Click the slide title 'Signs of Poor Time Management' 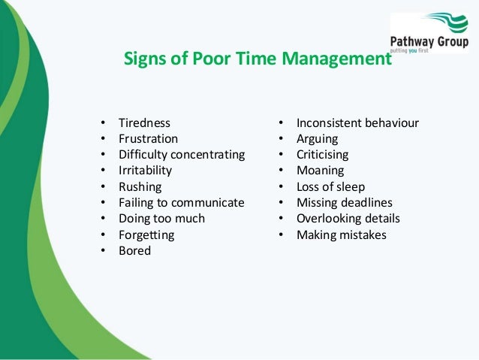pyautogui.click(x=258, y=59)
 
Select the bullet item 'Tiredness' pyautogui.click(x=144, y=123)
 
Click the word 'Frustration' pyautogui.click(x=148, y=139)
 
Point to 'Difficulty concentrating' pyautogui.click(x=182, y=155)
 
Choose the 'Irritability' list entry pyautogui.click(x=145, y=171)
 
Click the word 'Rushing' pyautogui.click(x=140, y=186)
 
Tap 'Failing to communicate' pyautogui.click(x=181, y=203)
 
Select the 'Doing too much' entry pyautogui.click(x=161, y=219)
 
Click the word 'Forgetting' pyautogui.click(x=146, y=235)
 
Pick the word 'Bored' pyautogui.click(x=134, y=251)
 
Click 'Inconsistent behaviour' pyautogui.click(x=357, y=123)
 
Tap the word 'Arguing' pyautogui.click(x=317, y=139)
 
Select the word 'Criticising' pyautogui.click(x=323, y=155)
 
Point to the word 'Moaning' pyautogui.click(x=320, y=171)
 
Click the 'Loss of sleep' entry pyautogui.click(x=331, y=186)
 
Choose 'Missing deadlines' pyautogui.click(x=345, y=203)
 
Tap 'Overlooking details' pyautogui.click(x=348, y=219)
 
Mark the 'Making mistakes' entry pyautogui.click(x=342, y=235)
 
